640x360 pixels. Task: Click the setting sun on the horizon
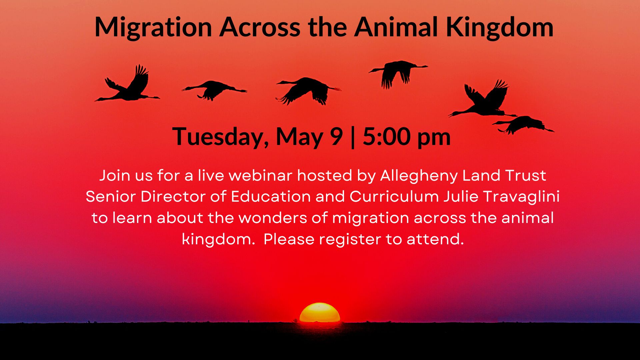coord(320,313)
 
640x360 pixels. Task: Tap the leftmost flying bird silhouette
coord(128,85)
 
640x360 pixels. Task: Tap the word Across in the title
coord(260,27)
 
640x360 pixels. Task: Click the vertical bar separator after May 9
coord(353,137)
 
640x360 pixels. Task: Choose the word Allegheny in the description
coord(419,176)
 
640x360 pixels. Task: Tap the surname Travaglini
coord(521,197)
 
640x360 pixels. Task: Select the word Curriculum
coord(394,196)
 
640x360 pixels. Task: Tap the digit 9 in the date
coord(336,136)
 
